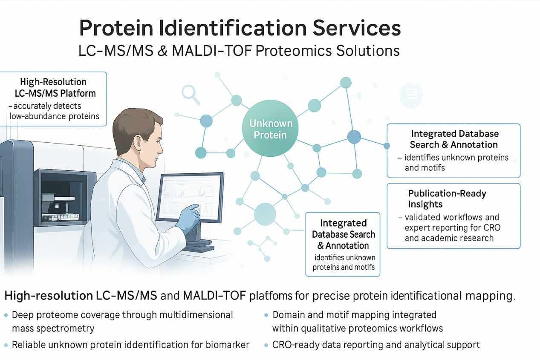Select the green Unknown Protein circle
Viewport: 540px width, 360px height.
[x=271, y=129]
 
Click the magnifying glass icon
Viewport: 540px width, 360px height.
[x=190, y=94]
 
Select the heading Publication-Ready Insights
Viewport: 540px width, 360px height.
[x=447, y=199]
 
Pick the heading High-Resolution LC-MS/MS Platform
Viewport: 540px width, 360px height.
[x=53, y=87]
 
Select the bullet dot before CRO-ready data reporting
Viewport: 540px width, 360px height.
[x=266, y=345]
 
